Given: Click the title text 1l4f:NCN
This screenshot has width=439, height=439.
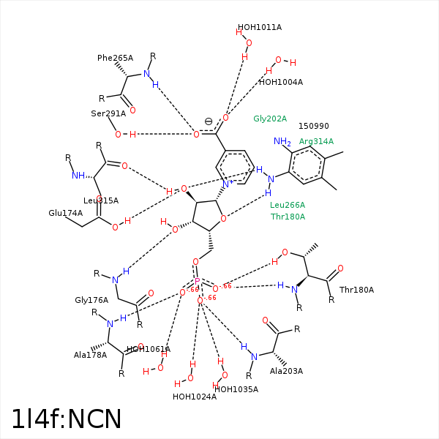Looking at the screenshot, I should (x=66, y=419).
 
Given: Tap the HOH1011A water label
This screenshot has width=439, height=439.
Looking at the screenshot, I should (x=259, y=28).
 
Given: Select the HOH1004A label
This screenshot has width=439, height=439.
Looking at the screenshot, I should (x=280, y=82).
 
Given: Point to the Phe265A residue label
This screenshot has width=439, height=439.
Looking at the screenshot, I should (x=115, y=58).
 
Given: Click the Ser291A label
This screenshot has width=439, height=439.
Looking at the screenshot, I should (x=108, y=113).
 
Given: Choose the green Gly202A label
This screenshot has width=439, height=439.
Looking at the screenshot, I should (x=270, y=119).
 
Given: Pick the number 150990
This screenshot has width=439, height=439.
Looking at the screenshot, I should (x=314, y=127).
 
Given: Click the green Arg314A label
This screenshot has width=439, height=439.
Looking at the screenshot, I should (x=316, y=141).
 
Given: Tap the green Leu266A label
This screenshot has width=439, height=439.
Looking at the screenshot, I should (x=288, y=205).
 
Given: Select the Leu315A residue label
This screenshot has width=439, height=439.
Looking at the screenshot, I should (x=101, y=200).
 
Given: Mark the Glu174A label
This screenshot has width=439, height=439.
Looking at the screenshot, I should (x=66, y=213).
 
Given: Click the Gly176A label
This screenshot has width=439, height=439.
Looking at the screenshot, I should (x=91, y=300).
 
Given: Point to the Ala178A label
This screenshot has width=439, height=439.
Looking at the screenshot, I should (x=90, y=355).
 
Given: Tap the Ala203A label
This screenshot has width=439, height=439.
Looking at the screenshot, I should (x=286, y=371).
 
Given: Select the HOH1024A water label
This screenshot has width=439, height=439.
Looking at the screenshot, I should (x=195, y=397).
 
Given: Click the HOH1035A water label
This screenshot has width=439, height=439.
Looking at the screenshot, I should (x=236, y=389).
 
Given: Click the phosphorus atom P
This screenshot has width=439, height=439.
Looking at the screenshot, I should (x=197, y=281).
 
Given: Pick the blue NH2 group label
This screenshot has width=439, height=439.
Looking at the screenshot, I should (x=282, y=141).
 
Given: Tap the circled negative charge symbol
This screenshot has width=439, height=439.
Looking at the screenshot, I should (x=209, y=121).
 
